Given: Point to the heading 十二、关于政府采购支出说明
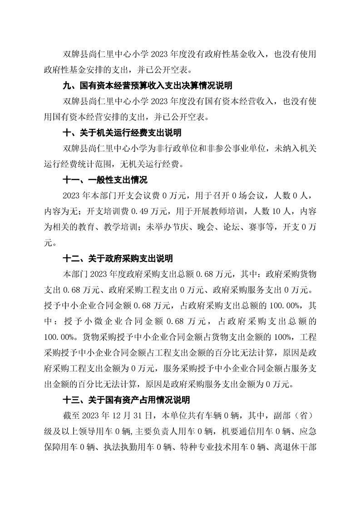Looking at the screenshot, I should (117, 259).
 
